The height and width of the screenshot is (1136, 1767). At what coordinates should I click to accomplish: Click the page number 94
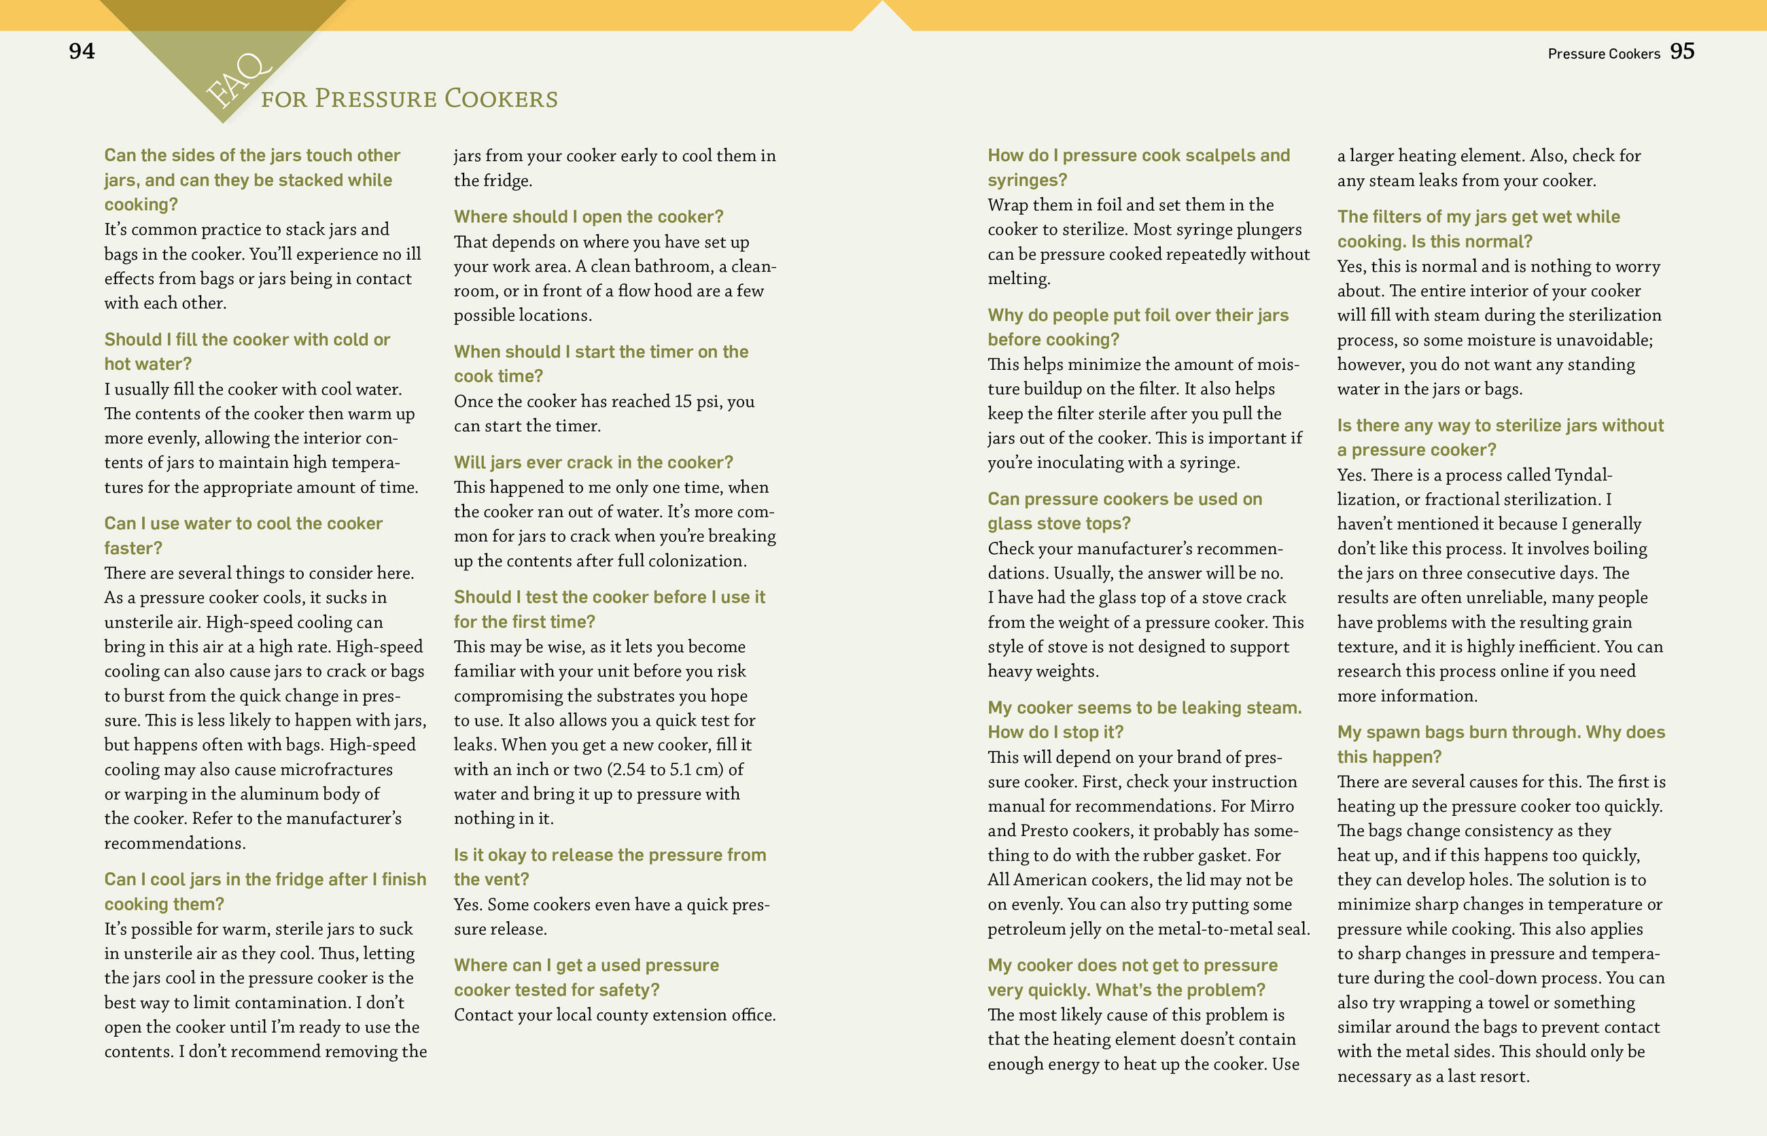click(81, 51)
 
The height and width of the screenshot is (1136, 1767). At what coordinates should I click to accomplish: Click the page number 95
click(1681, 51)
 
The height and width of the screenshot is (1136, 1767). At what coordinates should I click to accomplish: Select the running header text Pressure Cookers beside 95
click(1603, 54)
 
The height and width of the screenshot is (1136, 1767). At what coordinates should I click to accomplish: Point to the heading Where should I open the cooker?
click(588, 217)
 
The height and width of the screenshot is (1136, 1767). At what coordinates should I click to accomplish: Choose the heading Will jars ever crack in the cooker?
click(593, 462)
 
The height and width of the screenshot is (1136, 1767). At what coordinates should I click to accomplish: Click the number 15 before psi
click(683, 401)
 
